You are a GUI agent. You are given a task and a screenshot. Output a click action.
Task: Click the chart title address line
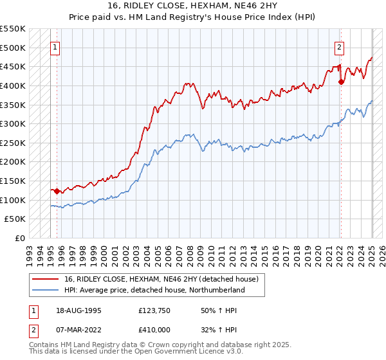tap(193, 6)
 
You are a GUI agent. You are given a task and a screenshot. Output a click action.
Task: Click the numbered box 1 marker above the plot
tap(55, 46)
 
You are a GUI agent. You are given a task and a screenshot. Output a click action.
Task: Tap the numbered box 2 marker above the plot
tap(339, 46)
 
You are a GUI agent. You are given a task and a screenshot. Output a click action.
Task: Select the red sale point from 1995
tap(57, 191)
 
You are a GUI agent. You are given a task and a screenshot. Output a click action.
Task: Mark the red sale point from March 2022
tap(341, 82)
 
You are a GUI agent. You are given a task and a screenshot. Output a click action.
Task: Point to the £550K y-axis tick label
tap(13, 29)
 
